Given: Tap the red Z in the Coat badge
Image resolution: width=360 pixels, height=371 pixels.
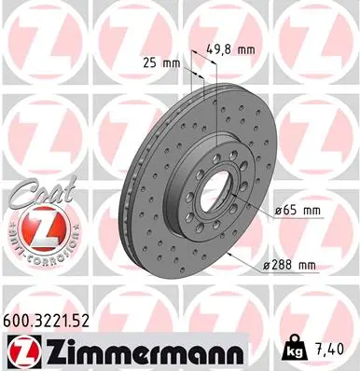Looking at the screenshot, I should tap(35, 228).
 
